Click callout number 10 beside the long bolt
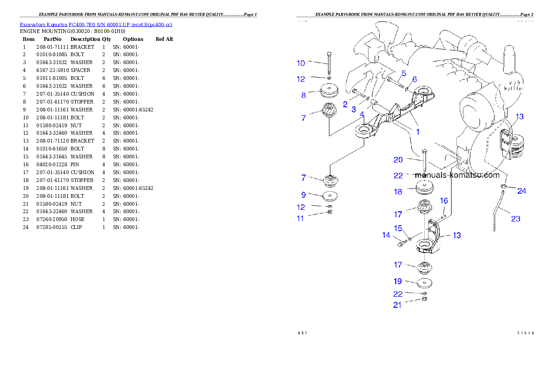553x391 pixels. pyautogui.click(x=301, y=63)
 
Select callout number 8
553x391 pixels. pyautogui.click(x=303, y=95)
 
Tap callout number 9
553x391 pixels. pyautogui.click(x=303, y=195)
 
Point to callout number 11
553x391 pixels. pyautogui.click(x=301, y=218)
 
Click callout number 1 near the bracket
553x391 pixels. pyautogui.click(x=418, y=132)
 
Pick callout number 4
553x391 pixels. pyautogui.click(x=362, y=114)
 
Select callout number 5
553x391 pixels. pyautogui.click(x=404, y=73)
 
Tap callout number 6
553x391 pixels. pyautogui.click(x=415, y=79)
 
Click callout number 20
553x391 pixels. pyautogui.click(x=398, y=160)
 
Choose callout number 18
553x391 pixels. pyautogui.click(x=398, y=192)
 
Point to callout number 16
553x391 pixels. pyautogui.click(x=444, y=201)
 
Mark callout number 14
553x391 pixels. pyautogui.click(x=386, y=235)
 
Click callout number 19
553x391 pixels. pyautogui.click(x=398, y=281)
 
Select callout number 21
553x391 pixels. pyautogui.click(x=397, y=305)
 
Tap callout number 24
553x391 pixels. pyautogui.click(x=522, y=191)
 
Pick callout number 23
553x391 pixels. pyautogui.click(x=515, y=219)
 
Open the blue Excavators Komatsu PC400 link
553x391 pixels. pyautogui.click(x=96, y=25)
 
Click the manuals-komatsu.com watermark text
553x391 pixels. pyautogui.click(x=457, y=176)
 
